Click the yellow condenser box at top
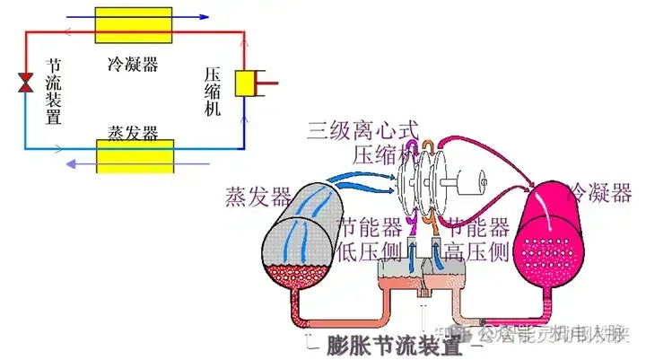point(134,24)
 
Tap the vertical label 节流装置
point(53,93)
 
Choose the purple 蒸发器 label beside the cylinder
point(259,195)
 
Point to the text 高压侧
point(476,251)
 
